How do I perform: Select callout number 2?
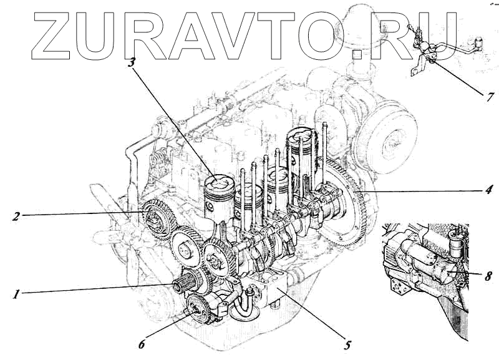tap(17, 217)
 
